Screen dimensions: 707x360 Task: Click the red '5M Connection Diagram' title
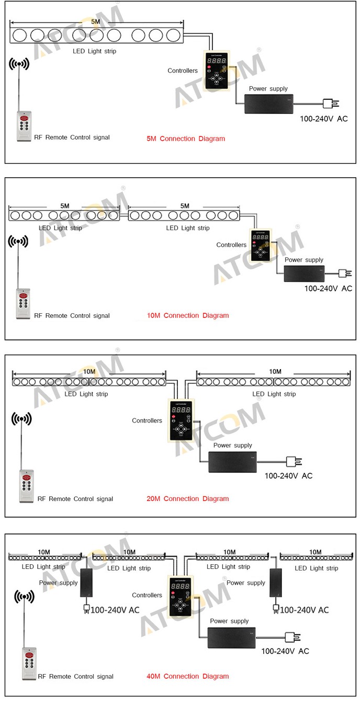click(186, 139)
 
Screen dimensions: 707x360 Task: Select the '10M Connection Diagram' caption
click(188, 315)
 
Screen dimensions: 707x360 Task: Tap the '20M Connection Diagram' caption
click(187, 498)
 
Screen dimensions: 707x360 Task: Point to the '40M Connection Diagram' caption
click(187, 676)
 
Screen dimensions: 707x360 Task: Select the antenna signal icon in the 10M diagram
click(18, 242)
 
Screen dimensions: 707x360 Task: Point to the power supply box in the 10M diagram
click(304, 273)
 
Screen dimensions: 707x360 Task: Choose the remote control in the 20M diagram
click(27, 486)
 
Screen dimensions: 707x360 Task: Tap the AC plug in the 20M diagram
click(291, 461)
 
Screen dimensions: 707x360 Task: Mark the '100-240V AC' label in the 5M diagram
click(323, 119)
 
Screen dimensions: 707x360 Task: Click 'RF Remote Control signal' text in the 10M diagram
click(72, 315)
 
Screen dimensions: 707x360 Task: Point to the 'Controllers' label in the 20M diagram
click(147, 420)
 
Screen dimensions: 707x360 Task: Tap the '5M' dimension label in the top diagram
click(96, 22)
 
